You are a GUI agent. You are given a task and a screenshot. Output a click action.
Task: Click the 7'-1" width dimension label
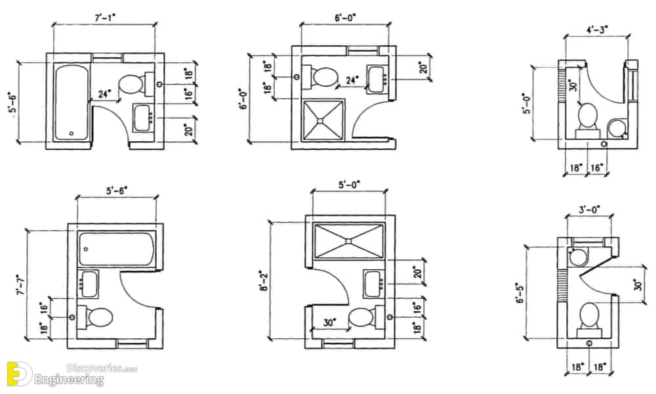pos(104,17)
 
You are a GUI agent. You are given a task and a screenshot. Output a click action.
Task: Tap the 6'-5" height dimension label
pos(520,292)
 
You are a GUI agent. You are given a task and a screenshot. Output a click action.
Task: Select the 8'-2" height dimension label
pos(264,281)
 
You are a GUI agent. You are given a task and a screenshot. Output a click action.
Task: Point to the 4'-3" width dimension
pos(597,30)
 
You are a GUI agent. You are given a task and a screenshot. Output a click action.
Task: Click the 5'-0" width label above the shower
pos(349,185)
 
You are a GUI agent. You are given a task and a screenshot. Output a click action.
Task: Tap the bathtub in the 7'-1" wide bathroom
pos(71,102)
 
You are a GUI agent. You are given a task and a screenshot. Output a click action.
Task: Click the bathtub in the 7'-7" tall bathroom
pos(117,249)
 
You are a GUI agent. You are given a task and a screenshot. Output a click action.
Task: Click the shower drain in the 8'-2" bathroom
pos(348,241)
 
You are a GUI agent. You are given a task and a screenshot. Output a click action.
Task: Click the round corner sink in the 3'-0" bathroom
pos(579,257)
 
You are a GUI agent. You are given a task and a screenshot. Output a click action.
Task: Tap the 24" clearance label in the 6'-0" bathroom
pos(352,79)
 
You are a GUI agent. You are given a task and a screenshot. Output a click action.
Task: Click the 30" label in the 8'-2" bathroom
pos(330,323)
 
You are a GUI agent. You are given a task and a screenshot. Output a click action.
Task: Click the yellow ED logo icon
pos(20,373)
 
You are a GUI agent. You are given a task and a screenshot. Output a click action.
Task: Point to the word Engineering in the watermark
pos(69,380)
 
